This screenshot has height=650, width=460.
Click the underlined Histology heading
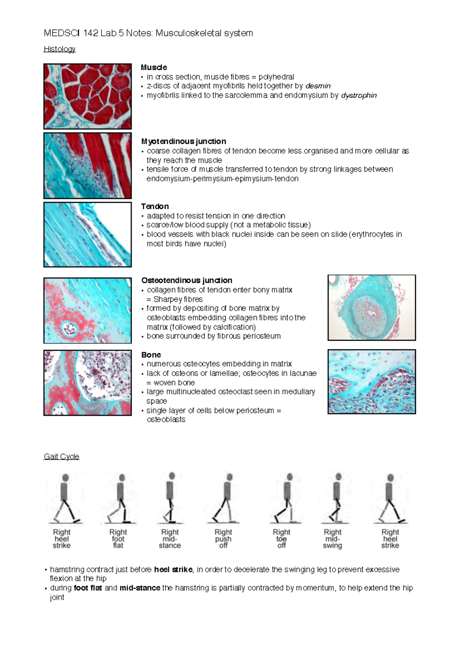59,49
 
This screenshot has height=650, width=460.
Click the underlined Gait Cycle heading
61,456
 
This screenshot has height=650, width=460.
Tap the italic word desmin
318,86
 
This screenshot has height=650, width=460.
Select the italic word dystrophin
359,95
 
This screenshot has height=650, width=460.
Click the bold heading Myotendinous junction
184,141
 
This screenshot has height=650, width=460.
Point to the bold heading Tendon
155,206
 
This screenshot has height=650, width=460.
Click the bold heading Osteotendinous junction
187,280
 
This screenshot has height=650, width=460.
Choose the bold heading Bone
151,355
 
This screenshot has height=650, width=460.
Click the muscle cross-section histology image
87,96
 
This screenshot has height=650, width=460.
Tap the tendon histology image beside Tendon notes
87,234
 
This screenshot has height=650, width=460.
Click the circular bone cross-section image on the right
371,307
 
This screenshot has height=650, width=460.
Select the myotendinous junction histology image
87,166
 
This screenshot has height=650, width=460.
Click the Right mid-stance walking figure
170,498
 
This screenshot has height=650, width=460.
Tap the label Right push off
223,538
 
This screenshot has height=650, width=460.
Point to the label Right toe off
281,538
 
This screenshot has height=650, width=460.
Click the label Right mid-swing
332,538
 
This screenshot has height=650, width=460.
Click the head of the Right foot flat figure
122,478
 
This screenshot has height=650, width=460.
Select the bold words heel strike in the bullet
173,570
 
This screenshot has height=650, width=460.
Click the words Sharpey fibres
178,299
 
